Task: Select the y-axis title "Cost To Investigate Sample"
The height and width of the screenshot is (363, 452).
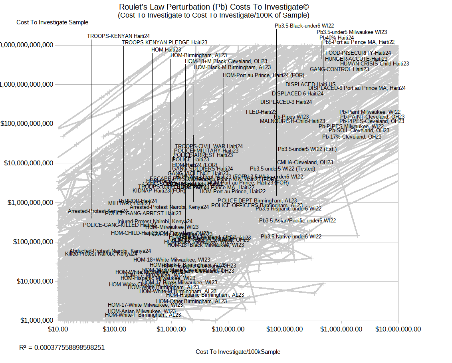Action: coord(52,22)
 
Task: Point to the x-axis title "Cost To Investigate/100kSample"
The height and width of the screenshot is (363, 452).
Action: coord(238,352)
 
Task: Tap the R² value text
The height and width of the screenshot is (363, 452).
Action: coord(62,347)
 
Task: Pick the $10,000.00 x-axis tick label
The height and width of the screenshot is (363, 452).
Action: coord(228,329)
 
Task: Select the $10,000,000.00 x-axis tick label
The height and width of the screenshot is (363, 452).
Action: coord(398,329)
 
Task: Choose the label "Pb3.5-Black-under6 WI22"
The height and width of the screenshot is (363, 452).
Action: coord(304,26)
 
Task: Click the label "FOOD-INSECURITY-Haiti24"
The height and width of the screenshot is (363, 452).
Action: coord(358,53)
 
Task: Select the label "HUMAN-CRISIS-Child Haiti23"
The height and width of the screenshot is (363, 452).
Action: coord(375,63)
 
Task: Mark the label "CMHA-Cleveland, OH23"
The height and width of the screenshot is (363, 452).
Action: coord(305,162)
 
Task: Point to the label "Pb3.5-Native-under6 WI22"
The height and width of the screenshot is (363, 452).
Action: coord(291,236)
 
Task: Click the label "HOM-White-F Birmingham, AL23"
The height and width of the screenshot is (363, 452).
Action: coord(143,315)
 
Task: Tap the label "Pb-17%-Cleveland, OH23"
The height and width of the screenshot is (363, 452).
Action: coord(352,137)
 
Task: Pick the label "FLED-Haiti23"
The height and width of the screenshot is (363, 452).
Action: coord(261,112)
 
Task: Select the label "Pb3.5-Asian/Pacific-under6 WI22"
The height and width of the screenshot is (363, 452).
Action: coord(297,220)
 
